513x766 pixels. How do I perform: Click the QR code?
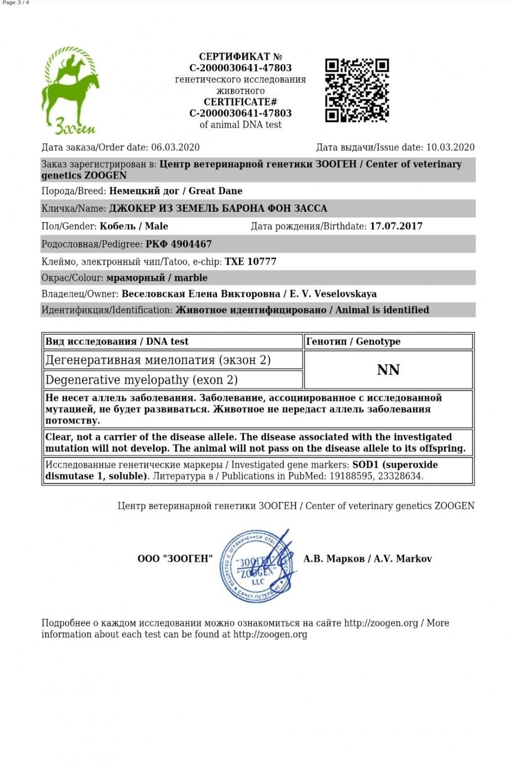coord(357,90)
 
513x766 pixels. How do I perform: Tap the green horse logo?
coord(70,90)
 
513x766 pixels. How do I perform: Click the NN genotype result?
coord(388,370)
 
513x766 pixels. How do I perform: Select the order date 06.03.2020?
coord(175,148)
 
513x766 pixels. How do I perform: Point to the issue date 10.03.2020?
coord(450,148)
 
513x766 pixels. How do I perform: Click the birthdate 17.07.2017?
coord(396,226)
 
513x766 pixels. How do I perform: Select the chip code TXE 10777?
coord(250,261)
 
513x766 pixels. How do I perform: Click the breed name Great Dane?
coord(215,191)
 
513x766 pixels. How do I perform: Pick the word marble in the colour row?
coord(191,278)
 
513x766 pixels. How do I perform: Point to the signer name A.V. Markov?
coord(403,559)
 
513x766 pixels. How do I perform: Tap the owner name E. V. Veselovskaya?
coord(333,294)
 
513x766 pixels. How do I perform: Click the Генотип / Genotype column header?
coord(353,341)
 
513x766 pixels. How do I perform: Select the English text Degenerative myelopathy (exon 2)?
coord(142,380)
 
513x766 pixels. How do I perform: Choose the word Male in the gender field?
coord(156,226)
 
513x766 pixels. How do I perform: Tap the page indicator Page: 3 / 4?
coord(16,3)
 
